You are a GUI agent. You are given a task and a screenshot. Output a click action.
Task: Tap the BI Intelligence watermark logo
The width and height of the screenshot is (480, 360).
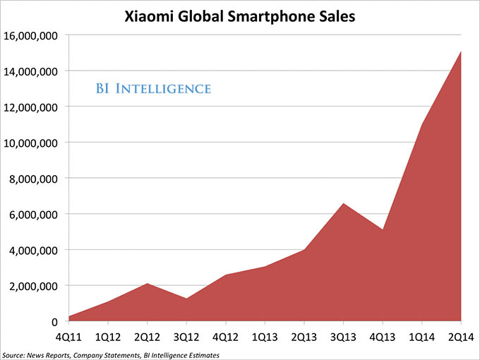[x=153, y=89]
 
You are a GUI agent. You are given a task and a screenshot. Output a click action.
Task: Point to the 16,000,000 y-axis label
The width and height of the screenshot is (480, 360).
[x=32, y=35]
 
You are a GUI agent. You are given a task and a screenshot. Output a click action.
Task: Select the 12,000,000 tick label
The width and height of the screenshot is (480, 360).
[x=32, y=107]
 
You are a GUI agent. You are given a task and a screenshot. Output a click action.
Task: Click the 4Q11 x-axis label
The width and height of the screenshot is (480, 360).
[x=68, y=336]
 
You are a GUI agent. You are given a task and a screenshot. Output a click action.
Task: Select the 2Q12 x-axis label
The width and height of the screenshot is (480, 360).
[x=147, y=336]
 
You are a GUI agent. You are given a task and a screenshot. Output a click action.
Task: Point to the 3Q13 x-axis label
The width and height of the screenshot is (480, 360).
[x=343, y=336]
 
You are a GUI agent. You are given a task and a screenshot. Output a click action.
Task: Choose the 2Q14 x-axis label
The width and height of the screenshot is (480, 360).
[x=461, y=336]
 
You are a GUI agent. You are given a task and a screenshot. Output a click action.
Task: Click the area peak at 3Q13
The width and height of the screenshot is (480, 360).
[x=343, y=204]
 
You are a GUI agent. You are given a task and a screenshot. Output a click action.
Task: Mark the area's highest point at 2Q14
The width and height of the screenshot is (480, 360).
[x=461, y=52]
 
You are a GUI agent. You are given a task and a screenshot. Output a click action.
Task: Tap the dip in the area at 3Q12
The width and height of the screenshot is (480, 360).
[x=186, y=299]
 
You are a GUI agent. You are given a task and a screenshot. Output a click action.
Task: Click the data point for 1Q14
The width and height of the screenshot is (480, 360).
[x=421, y=125]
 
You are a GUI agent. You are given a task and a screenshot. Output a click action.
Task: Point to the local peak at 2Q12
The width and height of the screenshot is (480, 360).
[x=147, y=284]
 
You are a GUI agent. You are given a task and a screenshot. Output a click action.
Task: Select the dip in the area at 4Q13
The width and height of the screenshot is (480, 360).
[x=382, y=229]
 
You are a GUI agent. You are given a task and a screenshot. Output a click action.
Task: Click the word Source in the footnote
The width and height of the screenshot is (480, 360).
[x=13, y=354]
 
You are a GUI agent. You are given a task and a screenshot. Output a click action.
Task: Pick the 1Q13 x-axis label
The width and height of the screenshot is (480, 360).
[x=265, y=336]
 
